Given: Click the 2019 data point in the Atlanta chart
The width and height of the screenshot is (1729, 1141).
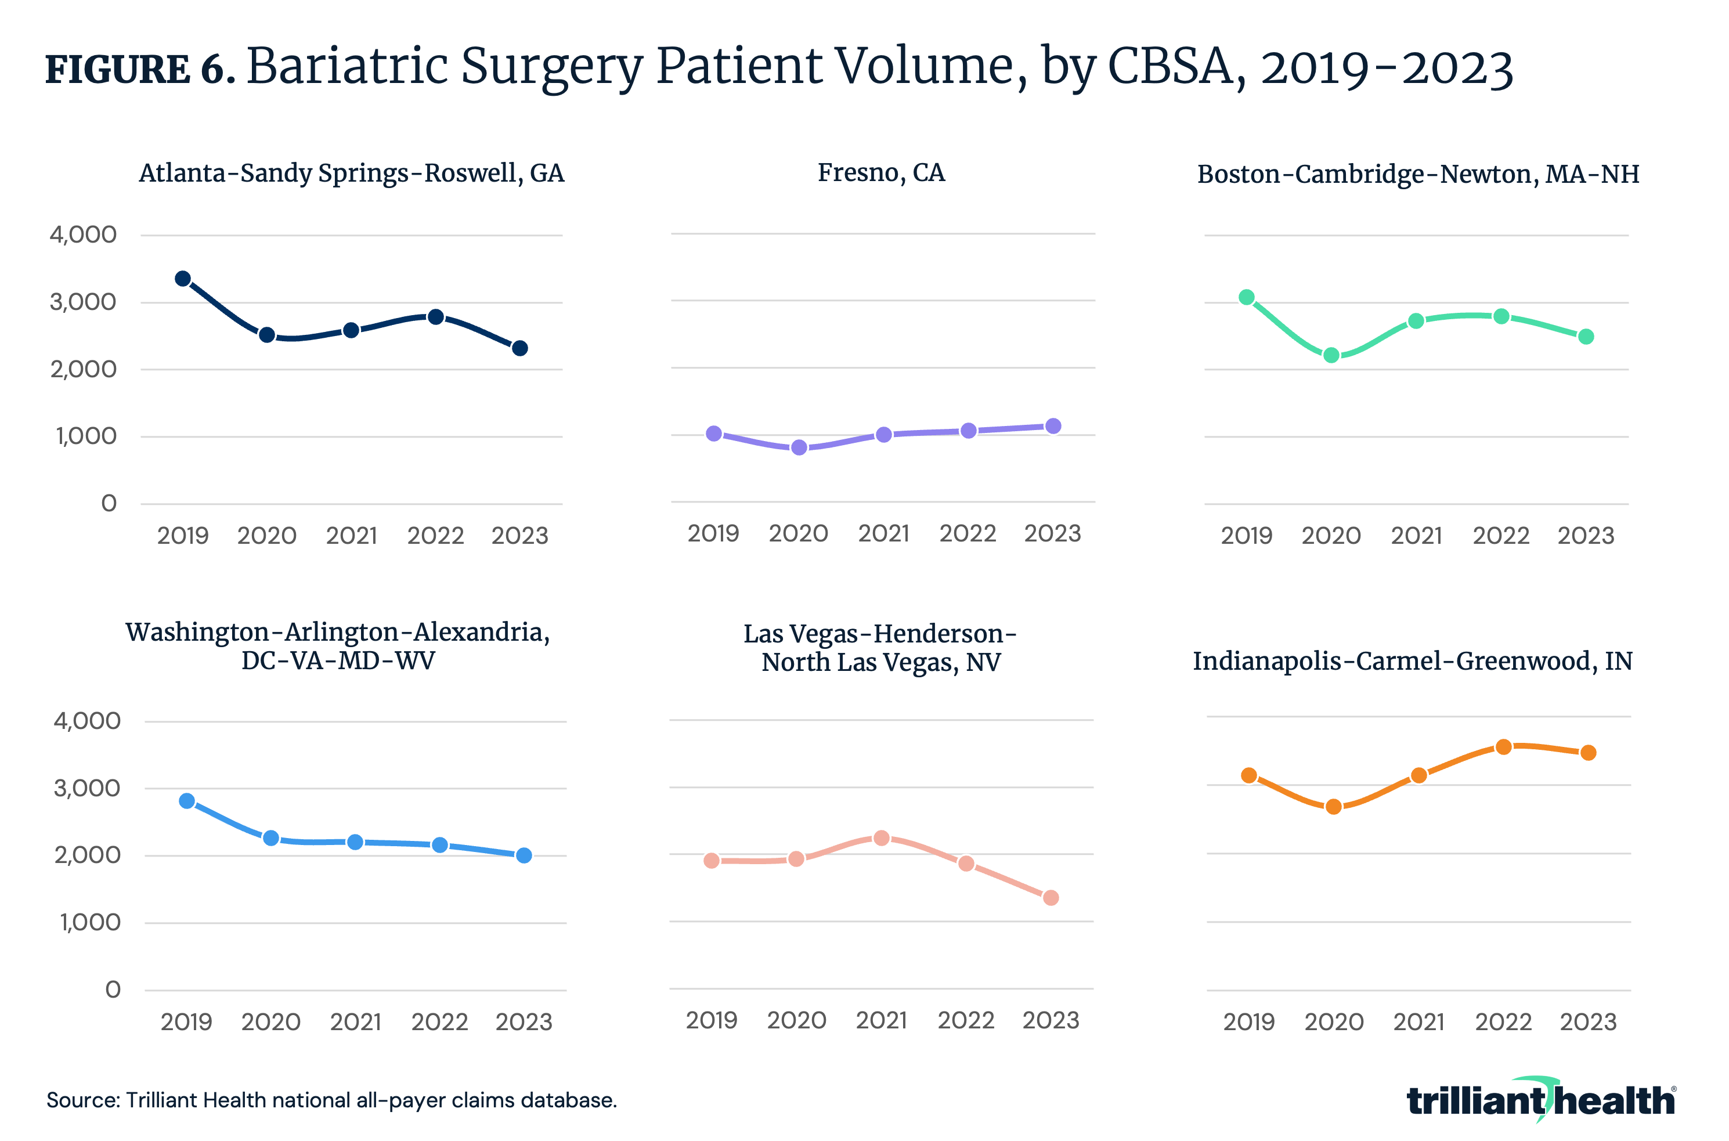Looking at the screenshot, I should tap(183, 279).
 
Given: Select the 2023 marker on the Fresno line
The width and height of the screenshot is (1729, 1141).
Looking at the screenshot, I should tap(1053, 425).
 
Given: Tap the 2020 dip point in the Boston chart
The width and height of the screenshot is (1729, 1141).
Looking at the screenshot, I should tap(1331, 355).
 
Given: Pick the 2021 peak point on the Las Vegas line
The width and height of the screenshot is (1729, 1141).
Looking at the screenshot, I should tap(881, 837).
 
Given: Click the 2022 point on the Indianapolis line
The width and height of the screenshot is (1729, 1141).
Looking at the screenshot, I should tap(1503, 746).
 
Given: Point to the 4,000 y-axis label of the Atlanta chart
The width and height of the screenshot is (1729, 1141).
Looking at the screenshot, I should tap(83, 234).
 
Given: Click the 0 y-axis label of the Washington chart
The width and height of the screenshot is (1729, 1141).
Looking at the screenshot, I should tap(113, 989).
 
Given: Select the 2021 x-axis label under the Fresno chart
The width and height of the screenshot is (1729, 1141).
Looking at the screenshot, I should tap(883, 533).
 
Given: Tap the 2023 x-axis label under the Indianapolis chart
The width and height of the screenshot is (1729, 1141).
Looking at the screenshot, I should tap(1588, 1021).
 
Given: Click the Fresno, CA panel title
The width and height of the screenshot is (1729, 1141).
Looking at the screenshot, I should tap(881, 172).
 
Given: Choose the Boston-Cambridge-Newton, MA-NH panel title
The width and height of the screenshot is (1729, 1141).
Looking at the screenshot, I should tap(1417, 174).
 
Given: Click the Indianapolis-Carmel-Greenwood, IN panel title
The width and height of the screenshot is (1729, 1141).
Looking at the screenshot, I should tap(1412, 660).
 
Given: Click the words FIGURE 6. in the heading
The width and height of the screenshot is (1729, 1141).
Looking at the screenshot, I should tap(140, 69).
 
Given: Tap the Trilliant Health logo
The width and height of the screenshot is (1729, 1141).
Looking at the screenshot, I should tap(1540, 1100).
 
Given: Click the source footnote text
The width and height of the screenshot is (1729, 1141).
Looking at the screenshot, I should tap(331, 1100).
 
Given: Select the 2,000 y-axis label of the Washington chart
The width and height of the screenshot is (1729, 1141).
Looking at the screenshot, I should tap(87, 854).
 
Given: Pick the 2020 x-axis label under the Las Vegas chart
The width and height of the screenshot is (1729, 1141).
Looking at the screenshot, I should tap(796, 1020).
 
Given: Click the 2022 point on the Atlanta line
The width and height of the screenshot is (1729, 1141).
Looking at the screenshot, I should tap(436, 316).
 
